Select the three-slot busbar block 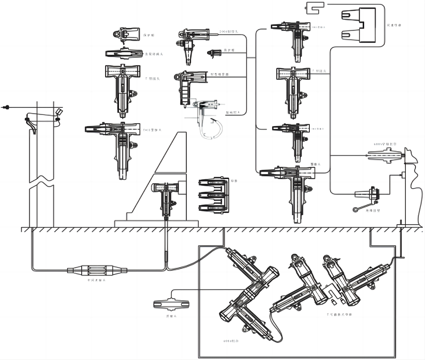pos(214,195)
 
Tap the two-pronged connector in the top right pos(359,25)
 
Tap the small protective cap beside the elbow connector pos(215,53)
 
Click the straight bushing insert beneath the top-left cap pos(124,53)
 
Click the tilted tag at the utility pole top pos(59,112)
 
